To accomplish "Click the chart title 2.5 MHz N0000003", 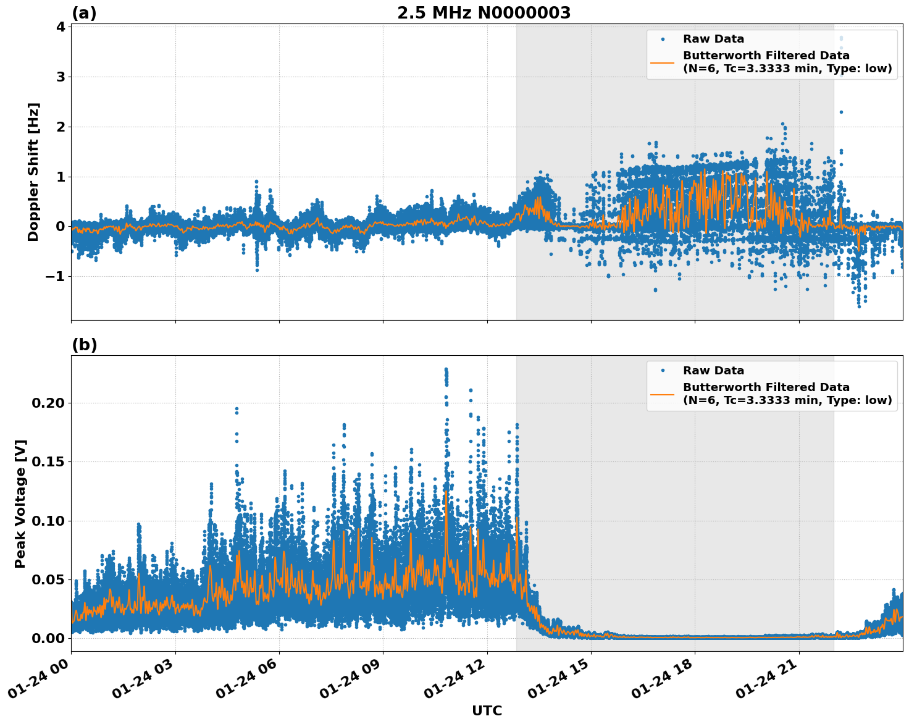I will pos(484,13).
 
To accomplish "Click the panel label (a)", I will pos(84,13).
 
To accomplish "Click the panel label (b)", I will pos(85,345).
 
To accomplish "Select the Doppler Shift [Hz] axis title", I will pos(33,172).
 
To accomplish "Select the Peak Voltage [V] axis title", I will pos(20,503).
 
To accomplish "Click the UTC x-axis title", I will pos(487,710).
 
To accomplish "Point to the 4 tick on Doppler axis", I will pos(61,27).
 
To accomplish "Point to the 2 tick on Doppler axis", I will pos(61,127).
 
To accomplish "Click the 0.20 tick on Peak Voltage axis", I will pos(48,403).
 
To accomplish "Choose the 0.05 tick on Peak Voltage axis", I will pos(48,579).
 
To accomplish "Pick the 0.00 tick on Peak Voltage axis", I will pos(48,638).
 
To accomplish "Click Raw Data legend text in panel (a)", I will pos(713,39).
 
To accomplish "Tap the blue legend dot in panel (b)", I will pos(663,371).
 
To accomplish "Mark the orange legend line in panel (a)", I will pos(663,62).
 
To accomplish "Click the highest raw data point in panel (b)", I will pos(446,369).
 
